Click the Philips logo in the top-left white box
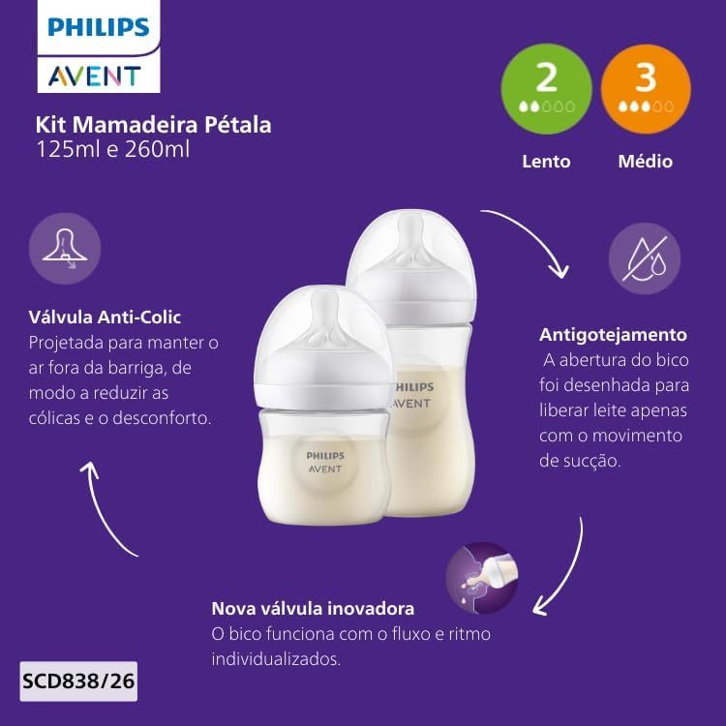click(x=98, y=27)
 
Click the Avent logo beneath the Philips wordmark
click(x=95, y=76)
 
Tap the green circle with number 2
click(x=546, y=89)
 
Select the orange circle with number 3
click(x=646, y=89)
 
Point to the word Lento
click(x=546, y=162)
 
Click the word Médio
click(x=646, y=162)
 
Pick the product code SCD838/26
click(x=78, y=681)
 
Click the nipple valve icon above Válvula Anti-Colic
click(x=65, y=249)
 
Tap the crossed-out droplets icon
click(x=645, y=258)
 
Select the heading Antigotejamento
click(x=613, y=335)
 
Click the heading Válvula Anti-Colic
click(x=105, y=318)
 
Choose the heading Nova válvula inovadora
click(x=313, y=609)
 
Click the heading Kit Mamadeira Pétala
click(x=153, y=125)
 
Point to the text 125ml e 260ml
click(x=112, y=149)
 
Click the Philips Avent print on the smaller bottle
click(x=325, y=462)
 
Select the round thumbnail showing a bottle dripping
click(x=481, y=578)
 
